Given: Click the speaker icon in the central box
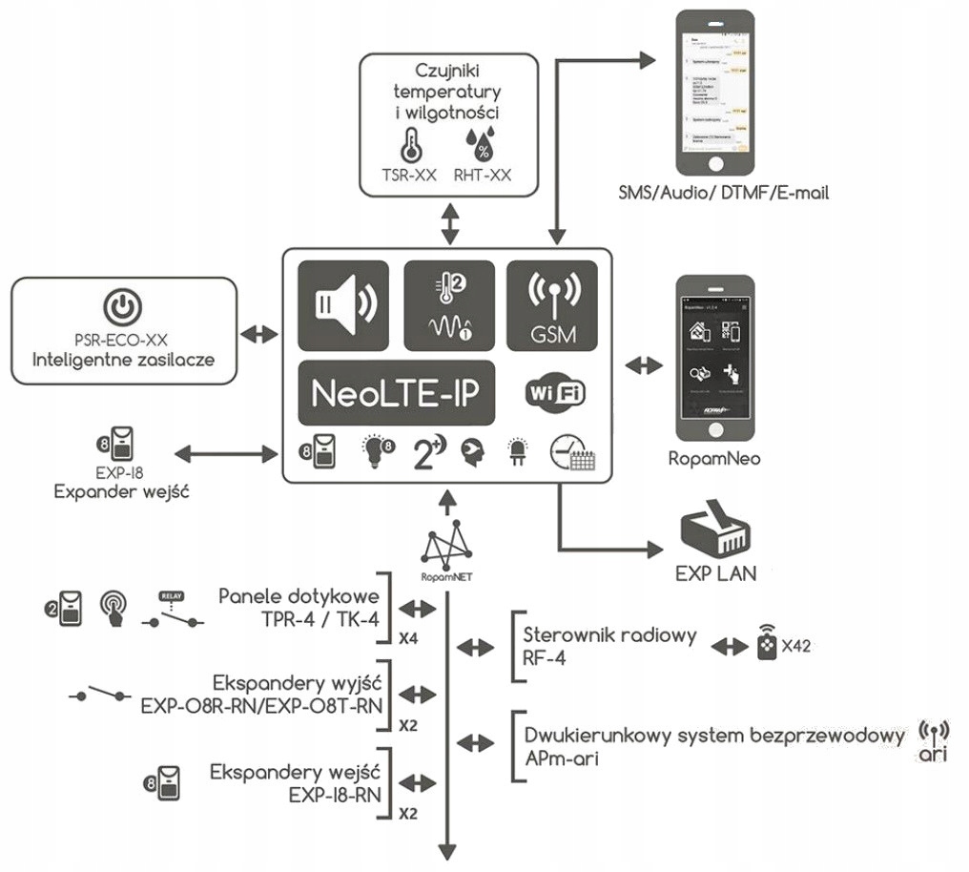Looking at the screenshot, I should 343,304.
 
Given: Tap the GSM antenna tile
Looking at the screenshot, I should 551,304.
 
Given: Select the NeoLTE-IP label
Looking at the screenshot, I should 397,392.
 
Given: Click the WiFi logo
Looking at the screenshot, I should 556,392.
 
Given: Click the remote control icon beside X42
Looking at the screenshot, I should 766,646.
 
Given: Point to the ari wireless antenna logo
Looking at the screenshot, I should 934,742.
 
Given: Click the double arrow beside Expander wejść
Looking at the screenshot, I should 224,454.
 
